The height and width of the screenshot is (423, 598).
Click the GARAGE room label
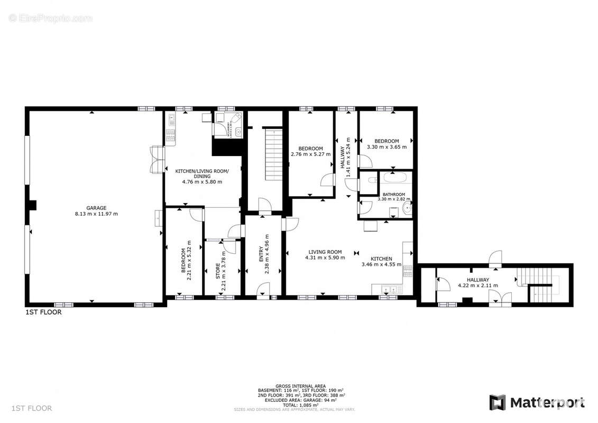click(96, 208)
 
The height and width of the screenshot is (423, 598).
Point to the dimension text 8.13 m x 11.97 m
click(96, 214)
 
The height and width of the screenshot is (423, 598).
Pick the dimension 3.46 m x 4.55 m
click(381, 264)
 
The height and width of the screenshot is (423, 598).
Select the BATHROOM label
click(394, 195)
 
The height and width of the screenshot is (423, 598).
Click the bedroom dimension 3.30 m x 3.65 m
click(387, 147)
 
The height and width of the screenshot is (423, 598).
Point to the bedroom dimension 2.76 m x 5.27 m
click(310, 154)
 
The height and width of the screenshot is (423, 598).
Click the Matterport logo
click(537, 403)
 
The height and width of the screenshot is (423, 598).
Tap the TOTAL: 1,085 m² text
click(300, 404)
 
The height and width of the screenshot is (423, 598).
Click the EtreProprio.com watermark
click(51, 19)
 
